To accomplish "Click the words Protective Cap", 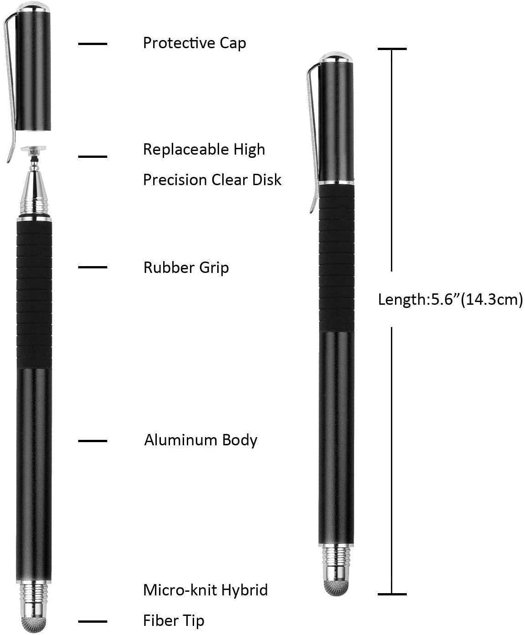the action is [195, 43].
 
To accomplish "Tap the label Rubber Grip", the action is [186, 268].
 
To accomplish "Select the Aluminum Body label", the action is [200, 440].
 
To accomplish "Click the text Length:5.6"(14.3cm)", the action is [450, 300].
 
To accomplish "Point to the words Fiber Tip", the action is [174, 621].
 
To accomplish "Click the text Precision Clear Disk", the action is [212, 180].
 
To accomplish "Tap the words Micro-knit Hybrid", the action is [205, 590].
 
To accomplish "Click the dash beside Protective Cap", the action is [92, 44].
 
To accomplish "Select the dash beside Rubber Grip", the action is [92, 267].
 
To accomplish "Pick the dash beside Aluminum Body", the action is [92, 441].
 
